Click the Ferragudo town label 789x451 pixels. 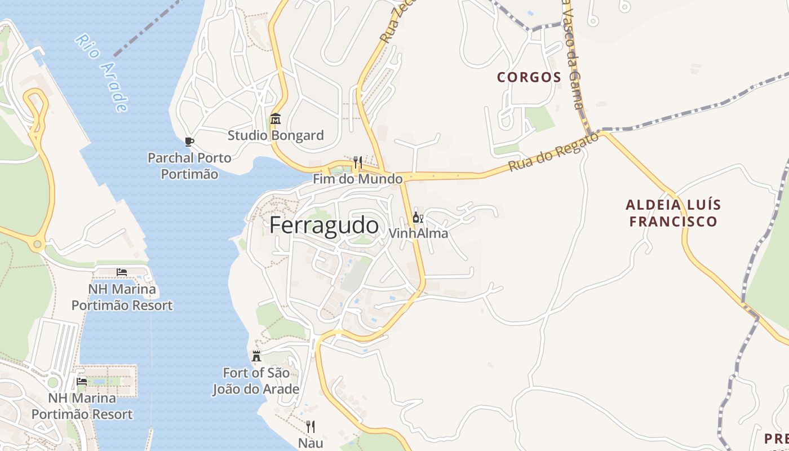coord(323,225)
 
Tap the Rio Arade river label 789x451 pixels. coord(102,72)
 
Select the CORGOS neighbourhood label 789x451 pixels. coord(529,77)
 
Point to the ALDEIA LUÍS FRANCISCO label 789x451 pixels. coord(673,213)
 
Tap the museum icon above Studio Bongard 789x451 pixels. coord(276,119)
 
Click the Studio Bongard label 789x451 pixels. coord(276,135)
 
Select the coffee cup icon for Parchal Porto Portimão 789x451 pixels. coord(189,142)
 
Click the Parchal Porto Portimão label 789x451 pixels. coord(189,166)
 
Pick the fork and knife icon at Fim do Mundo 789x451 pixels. coord(357,162)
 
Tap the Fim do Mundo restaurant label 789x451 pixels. coord(358,179)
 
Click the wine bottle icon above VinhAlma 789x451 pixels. coord(418,217)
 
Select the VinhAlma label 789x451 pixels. coord(418,233)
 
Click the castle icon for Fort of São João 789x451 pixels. coord(256,356)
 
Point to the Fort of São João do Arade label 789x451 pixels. coord(256,381)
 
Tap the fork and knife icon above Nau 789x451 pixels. coord(310,427)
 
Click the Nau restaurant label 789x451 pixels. coord(311,443)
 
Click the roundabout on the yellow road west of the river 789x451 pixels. coord(37,245)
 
